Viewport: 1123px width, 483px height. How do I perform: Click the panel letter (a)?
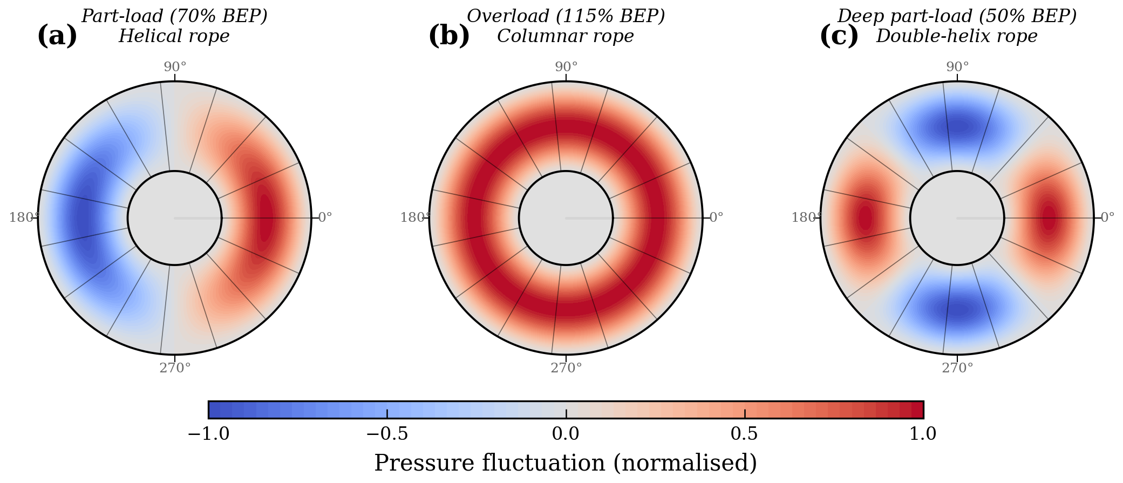click(x=57, y=36)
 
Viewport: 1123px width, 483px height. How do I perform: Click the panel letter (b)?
click(x=449, y=36)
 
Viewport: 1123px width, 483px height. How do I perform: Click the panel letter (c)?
click(x=839, y=36)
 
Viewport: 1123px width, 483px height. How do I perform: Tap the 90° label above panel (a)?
click(x=175, y=67)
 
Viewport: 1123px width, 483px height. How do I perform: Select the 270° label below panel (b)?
click(x=566, y=368)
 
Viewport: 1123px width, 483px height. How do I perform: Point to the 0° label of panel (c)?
click(x=1107, y=217)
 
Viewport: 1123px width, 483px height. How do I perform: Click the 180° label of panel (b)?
click(x=415, y=217)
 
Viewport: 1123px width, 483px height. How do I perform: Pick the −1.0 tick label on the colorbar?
click(x=208, y=433)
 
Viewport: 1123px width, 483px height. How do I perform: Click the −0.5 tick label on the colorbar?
click(x=387, y=433)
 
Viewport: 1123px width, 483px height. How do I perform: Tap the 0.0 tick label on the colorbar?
click(x=566, y=433)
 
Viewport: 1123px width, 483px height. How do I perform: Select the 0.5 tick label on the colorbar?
click(x=744, y=433)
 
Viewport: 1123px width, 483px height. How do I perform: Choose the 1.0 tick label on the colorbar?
click(x=923, y=433)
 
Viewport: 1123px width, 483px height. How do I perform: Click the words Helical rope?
click(x=174, y=36)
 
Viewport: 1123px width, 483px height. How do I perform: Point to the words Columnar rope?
click(x=565, y=36)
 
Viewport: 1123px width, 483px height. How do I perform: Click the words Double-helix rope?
click(x=956, y=36)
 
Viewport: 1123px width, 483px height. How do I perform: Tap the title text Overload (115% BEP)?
click(x=566, y=16)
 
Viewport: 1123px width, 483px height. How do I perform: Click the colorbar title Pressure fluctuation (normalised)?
click(x=566, y=463)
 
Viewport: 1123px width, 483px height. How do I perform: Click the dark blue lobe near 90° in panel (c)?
click(x=957, y=127)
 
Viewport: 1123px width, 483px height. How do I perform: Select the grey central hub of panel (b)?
click(x=566, y=218)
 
